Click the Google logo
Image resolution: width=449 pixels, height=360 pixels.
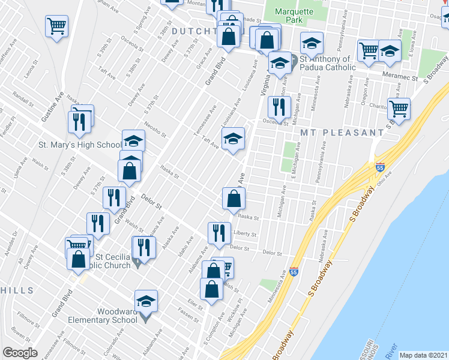20,353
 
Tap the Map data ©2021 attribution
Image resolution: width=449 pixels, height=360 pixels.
423,355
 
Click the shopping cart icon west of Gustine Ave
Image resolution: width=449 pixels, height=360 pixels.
56,26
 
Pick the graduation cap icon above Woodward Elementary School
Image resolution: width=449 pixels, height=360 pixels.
146,301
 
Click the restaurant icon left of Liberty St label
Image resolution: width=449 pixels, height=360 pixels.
219,233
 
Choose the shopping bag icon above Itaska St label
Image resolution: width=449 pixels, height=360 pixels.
233,199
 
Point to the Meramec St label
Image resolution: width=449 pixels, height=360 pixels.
400,77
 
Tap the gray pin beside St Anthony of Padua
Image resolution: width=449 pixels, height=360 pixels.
294,61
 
